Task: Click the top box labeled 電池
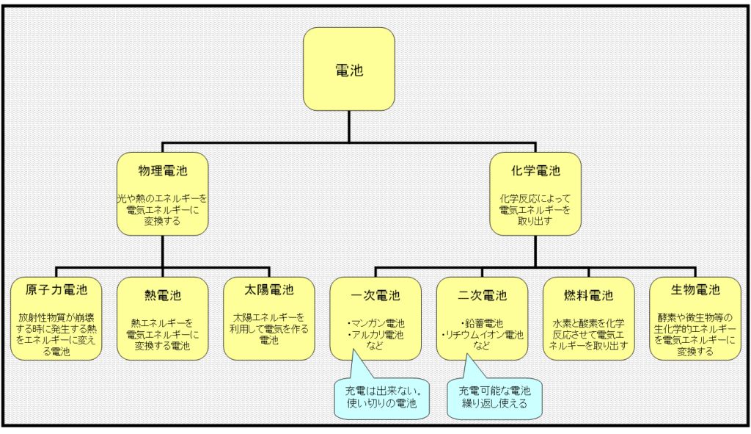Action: coord(349,70)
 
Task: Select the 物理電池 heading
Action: coord(163,171)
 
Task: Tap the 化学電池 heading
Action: coord(535,171)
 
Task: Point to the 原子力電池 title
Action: coord(56,291)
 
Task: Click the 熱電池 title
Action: coord(163,295)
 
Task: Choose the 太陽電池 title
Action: coord(268,291)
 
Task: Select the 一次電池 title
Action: coord(375,295)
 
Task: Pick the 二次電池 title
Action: coord(482,295)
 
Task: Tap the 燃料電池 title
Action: coord(589,295)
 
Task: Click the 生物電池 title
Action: coord(695,291)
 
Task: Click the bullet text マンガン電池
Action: coord(376,322)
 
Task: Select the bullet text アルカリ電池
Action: coord(376,335)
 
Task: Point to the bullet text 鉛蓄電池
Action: coord(482,322)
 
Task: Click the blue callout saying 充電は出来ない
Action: coord(379,397)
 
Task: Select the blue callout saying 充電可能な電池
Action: coord(494,397)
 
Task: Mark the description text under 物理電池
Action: coord(163,209)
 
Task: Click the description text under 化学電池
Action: coord(535,209)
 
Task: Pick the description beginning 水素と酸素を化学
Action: coord(589,334)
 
